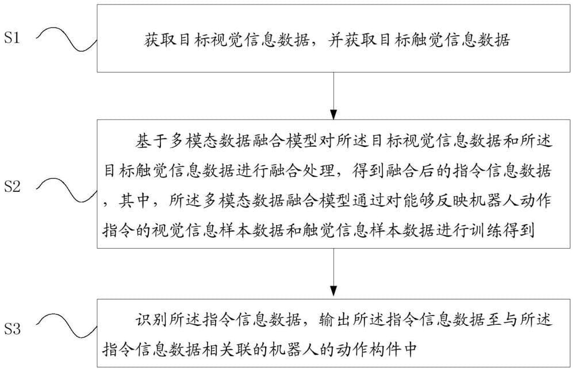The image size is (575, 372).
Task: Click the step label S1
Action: pos(11,38)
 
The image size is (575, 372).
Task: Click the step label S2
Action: pos(12,187)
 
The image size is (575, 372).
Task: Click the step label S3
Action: pos(12,329)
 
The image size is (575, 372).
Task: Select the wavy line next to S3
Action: pos(67,326)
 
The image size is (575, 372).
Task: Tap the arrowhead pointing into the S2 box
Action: pos(333,114)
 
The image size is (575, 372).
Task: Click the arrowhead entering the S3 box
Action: pos(333,291)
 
